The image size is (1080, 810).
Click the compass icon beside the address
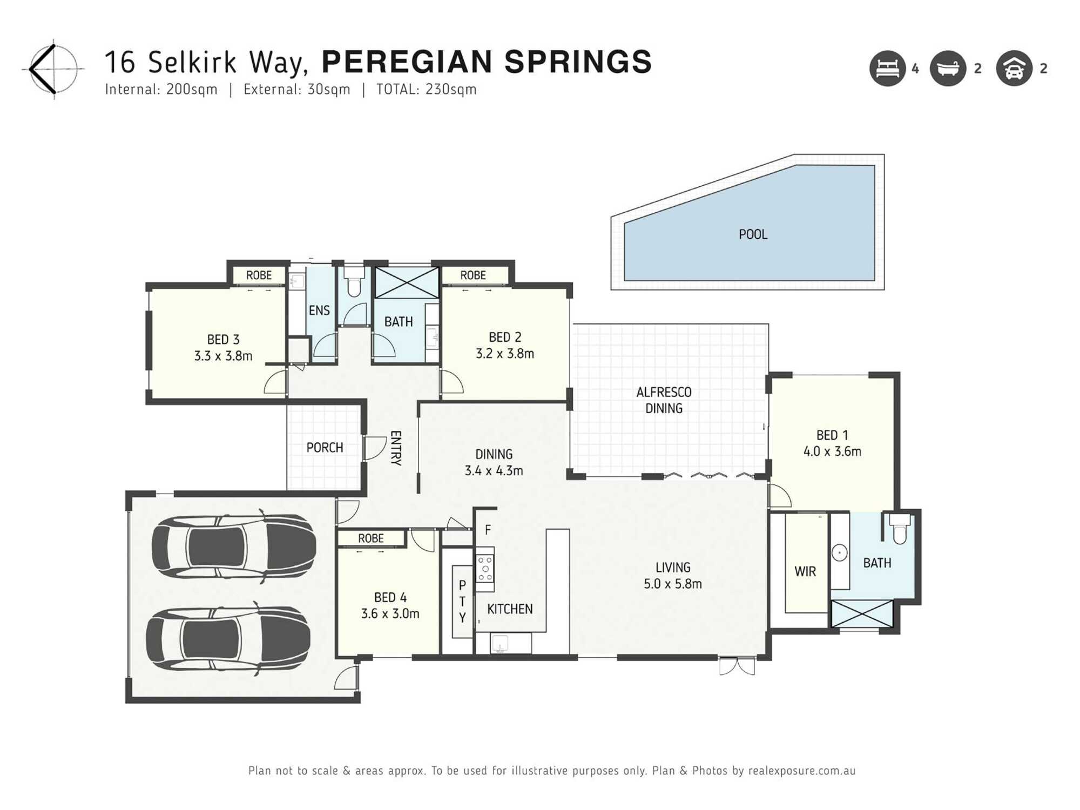(x=53, y=69)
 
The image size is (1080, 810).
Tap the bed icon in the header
(x=887, y=69)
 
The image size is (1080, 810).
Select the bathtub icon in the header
(x=948, y=69)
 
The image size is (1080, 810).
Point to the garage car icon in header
(x=1014, y=69)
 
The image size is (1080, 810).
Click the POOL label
(x=753, y=234)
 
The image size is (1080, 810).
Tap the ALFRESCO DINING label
(x=664, y=400)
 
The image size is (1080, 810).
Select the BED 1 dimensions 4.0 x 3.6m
(x=832, y=451)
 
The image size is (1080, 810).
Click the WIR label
(x=805, y=571)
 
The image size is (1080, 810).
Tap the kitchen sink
(x=500, y=643)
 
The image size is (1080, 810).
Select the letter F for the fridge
(x=488, y=530)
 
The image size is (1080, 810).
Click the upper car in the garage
(x=233, y=546)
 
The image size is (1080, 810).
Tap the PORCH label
(x=325, y=448)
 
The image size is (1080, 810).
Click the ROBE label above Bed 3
(x=259, y=275)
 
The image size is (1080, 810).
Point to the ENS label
(x=319, y=310)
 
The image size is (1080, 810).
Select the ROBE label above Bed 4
(x=371, y=538)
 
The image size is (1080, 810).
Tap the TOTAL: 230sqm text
(x=426, y=90)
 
